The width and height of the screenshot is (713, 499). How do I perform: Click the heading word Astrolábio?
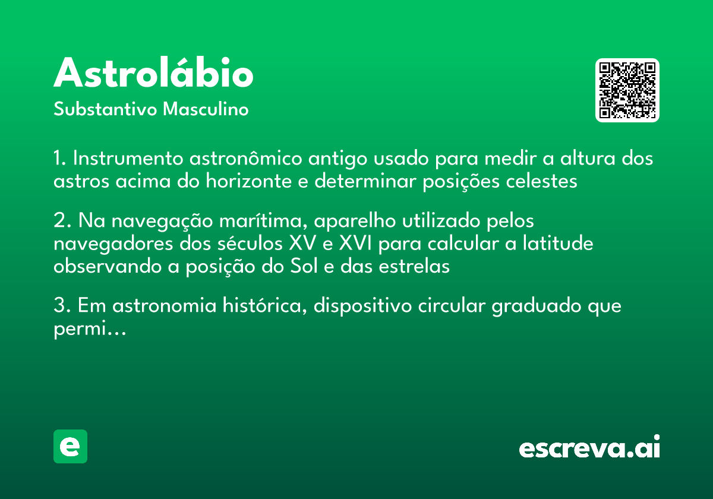(153, 73)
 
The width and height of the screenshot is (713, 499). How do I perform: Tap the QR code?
(627, 90)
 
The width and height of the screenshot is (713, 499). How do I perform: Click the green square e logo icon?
(70, 446)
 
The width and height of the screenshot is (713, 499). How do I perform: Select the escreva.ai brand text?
(589, 447)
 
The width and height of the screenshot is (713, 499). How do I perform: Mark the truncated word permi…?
(90, 329)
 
